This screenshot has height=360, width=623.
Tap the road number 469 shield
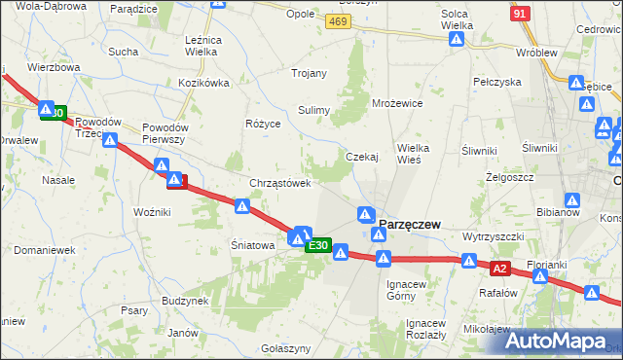click(339, 21)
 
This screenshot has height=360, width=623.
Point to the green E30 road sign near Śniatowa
click(318, 247)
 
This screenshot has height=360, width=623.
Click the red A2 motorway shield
click(500, 268)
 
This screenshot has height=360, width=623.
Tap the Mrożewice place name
click(397, 102)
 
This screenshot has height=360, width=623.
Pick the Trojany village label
click(311, 73)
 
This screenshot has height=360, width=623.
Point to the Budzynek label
click(186, 302)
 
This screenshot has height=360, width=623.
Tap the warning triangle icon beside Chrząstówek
click(243, 206)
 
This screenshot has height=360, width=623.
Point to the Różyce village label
click(263, 125)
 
